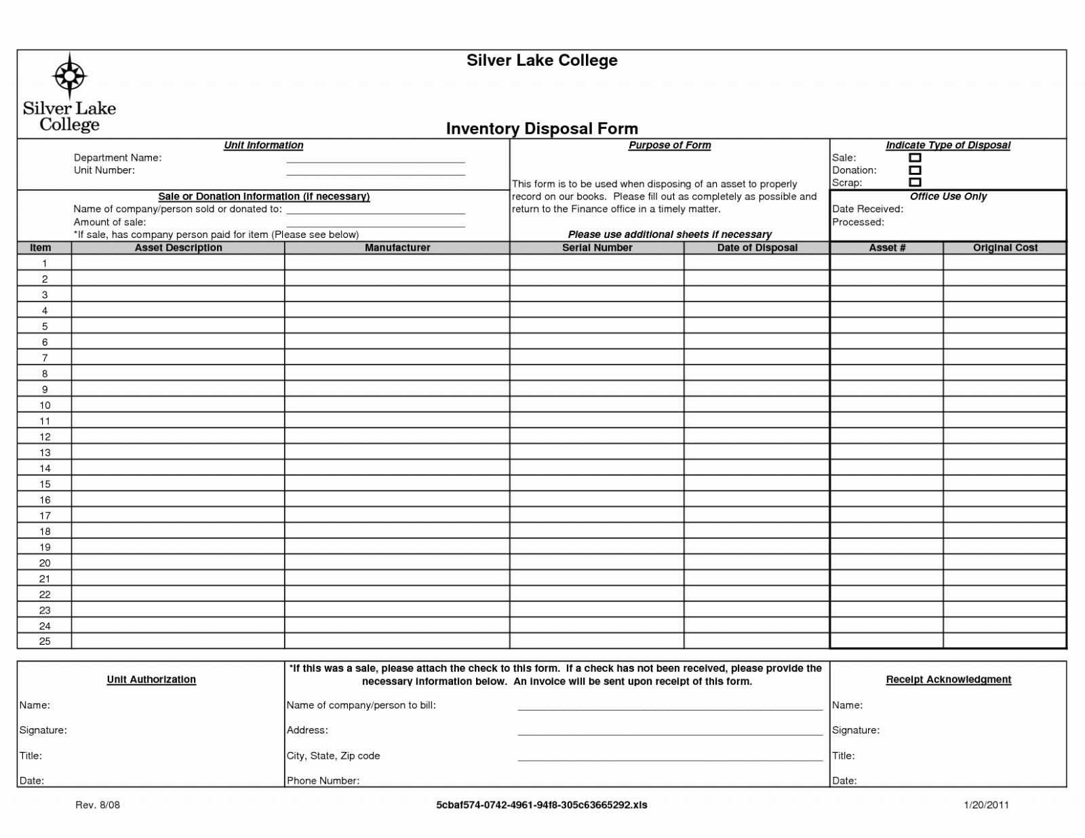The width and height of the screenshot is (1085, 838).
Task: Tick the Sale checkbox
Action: (915, 158)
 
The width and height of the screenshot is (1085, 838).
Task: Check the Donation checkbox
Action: (915, 170)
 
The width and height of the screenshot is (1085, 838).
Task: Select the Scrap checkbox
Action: (915, 182)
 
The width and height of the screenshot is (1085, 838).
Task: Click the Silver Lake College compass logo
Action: (69, 76)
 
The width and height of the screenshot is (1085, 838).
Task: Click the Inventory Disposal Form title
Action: (542, 129)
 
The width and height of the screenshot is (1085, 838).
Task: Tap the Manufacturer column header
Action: (397, 248)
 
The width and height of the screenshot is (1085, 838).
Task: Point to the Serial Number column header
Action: (597, 248)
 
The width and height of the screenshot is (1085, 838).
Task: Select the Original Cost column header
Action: (1005, 248)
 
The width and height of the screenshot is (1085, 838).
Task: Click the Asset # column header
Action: (887, 248)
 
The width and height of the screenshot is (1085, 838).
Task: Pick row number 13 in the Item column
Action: (45, 453)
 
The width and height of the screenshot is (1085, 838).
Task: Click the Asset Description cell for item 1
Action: (178, 263)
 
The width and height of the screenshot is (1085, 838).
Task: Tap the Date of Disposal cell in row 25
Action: (757, 641)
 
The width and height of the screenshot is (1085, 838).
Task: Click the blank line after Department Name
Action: (375, 160)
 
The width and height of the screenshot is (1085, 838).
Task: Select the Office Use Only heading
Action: (948, 197)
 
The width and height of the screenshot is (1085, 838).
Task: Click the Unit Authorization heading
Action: (151, 679)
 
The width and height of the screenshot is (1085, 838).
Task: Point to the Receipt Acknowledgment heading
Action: (948, 679)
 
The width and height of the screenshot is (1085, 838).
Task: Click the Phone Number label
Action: (323, 780)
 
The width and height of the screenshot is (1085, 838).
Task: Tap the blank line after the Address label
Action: (670, 732)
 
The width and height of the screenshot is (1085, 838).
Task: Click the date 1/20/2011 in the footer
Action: (986, 805)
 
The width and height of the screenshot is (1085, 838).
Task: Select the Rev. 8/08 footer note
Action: (98, 805)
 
